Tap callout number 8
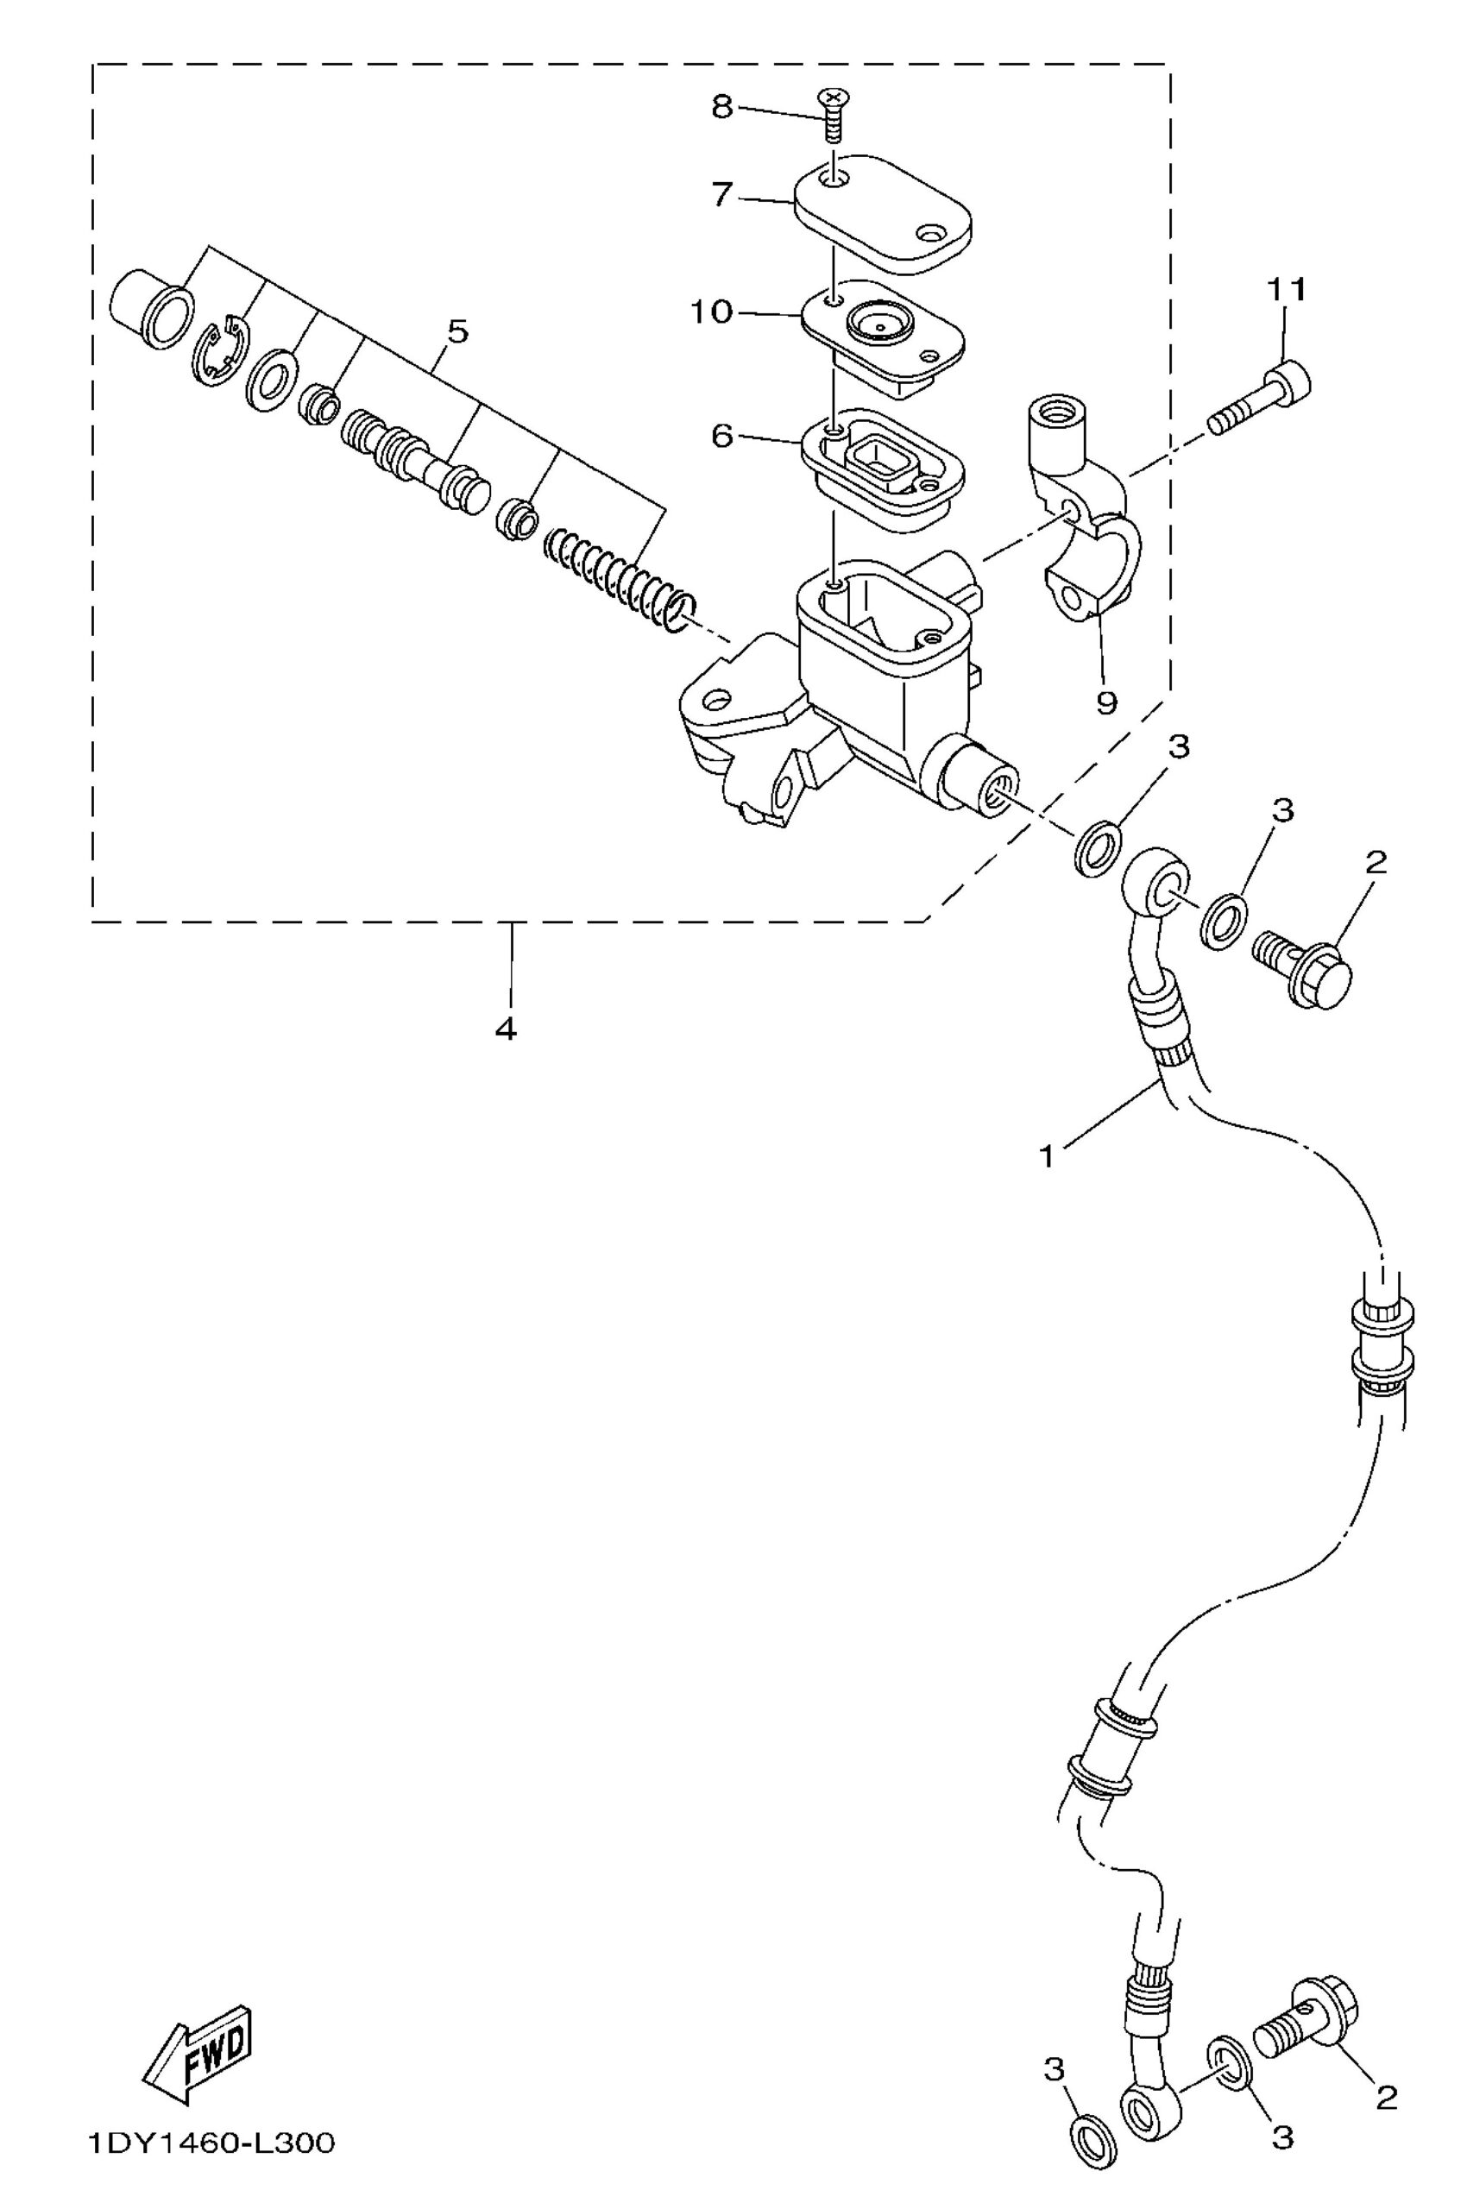click(721, 107)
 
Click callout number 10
click(711, 312)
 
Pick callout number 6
click(721, 435)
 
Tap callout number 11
click(1288, 291)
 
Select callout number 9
click(1106, 702)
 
